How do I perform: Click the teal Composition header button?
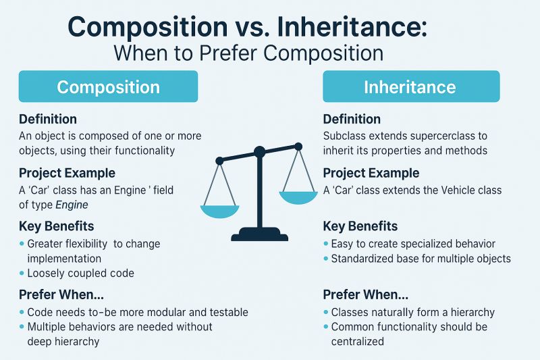[108, 87]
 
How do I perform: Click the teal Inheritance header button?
[410, 87]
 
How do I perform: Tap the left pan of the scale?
[219, 210]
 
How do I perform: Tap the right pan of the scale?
[298, 197]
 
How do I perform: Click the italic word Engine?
[72, 205]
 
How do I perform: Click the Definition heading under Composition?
[48, 119]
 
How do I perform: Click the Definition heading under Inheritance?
[352, 119]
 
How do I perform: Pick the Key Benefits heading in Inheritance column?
[360, 226]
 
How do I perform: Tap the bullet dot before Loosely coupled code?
[22, 274]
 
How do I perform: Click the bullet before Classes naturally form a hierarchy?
[326, 313]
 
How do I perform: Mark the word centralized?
[357, 341]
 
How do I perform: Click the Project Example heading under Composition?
[67, 173]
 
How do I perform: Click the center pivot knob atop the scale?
[259, 152]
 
